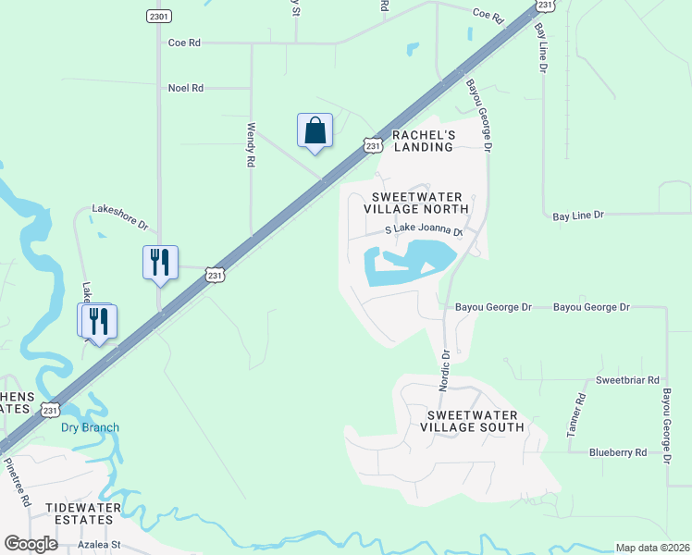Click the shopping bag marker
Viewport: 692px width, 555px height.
315,130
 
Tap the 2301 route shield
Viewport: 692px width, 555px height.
158,16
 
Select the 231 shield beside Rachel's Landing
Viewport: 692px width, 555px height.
372,145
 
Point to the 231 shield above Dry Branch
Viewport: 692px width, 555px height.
50,408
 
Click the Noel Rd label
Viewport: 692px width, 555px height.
185,88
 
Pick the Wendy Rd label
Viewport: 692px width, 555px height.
250,146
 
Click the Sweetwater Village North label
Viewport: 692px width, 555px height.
415,203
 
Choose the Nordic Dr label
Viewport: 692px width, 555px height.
445,366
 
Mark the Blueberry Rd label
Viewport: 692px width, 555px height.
618,452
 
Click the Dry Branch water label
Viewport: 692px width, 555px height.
90,427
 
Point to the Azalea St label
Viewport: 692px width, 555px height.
100,545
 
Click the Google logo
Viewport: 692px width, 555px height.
31,544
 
